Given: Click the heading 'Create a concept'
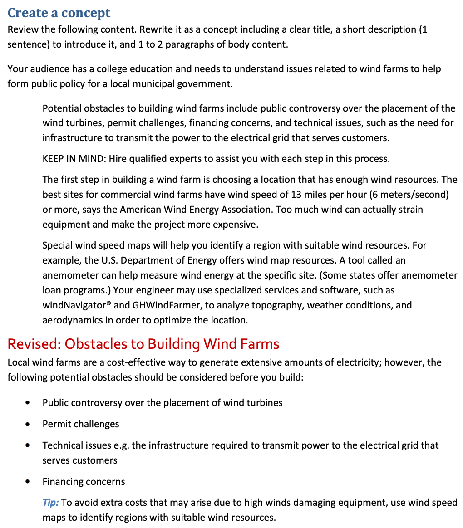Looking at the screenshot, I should click(59, 13).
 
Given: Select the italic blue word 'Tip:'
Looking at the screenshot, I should click(50, 502).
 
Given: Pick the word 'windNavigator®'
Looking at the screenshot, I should click(77, 305).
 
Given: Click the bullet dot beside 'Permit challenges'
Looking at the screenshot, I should click(29, 425).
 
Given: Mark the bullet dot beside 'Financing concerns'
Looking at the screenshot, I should click(29, 482).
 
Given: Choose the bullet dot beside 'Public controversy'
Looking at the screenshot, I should click(29, 403).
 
